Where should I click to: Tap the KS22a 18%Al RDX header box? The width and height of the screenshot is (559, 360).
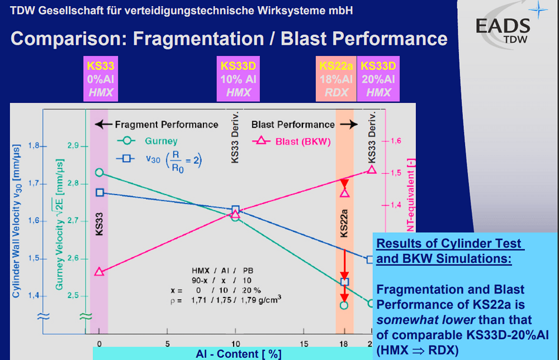(337, 79)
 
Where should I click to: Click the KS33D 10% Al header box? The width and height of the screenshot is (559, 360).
(239, 79)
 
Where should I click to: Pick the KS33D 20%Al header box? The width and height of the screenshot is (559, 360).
(378, 79)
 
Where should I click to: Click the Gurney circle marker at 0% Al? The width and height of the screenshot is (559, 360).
(99, 172)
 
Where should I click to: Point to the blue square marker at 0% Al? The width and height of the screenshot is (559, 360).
(100, 192)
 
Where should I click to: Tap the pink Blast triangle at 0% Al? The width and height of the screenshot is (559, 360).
(99, 272)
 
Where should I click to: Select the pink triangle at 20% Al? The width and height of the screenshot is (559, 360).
(371, 169)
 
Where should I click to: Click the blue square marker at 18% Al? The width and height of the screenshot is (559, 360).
(344, 282)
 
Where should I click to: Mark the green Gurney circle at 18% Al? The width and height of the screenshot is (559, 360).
(344, 305)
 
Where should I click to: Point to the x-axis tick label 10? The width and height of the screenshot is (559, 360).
(235, 343)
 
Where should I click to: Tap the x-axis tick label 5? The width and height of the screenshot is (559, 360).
(167, 343)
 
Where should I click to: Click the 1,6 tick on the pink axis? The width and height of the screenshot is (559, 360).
(395, 141)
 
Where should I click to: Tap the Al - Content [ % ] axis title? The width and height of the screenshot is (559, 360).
(238, 354)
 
